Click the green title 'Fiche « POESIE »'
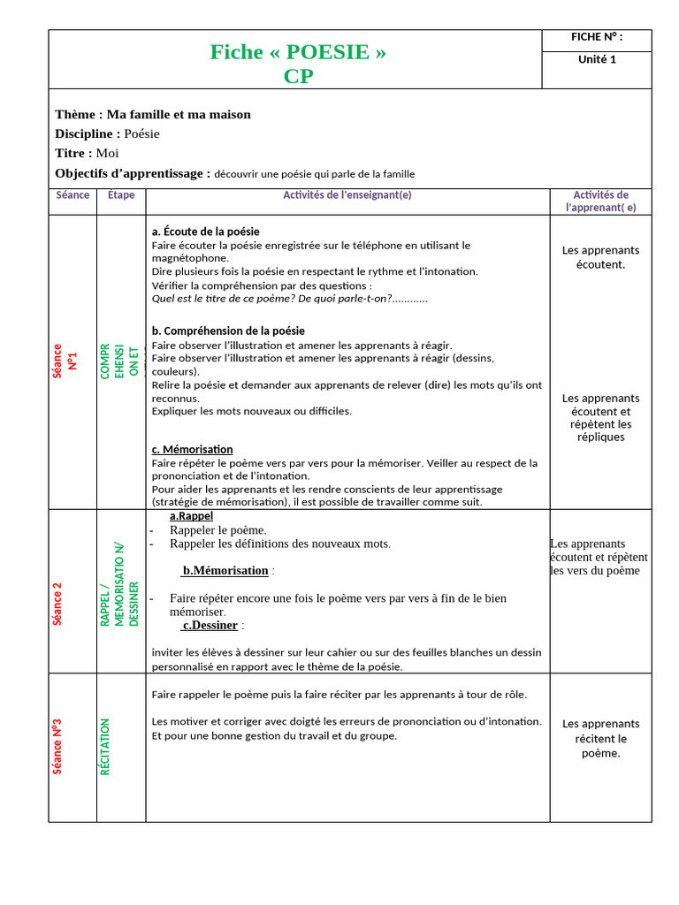click(x=298, y=52)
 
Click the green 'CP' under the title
click(x=298, y=76)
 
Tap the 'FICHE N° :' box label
click(x=597, y=37)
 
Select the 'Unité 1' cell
click(x=597, y=59)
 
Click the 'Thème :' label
click(x=79, y=114)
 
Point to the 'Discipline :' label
click(x=88, y=133)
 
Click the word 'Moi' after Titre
click(x=107, y=153)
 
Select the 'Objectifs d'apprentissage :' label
click(x=133, y=173)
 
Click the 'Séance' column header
click(x=72, y=194)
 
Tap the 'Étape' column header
click(x=121, y=194)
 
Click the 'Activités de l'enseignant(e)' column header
click(x=347, y=194)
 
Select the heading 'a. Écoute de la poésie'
click(x=206, y=232)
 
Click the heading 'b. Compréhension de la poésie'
click(x=228, y=331)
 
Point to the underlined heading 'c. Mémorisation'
click(x=193, y=449)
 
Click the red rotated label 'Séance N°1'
click(x=65, y=361)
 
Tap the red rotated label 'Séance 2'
click(x=57, y=604)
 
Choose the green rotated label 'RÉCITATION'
click(x=105, y=747)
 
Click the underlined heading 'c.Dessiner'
click(x=210, y=625)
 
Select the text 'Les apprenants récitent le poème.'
click(x=600, y=738)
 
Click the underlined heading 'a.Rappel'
click(x=191, y=516)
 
